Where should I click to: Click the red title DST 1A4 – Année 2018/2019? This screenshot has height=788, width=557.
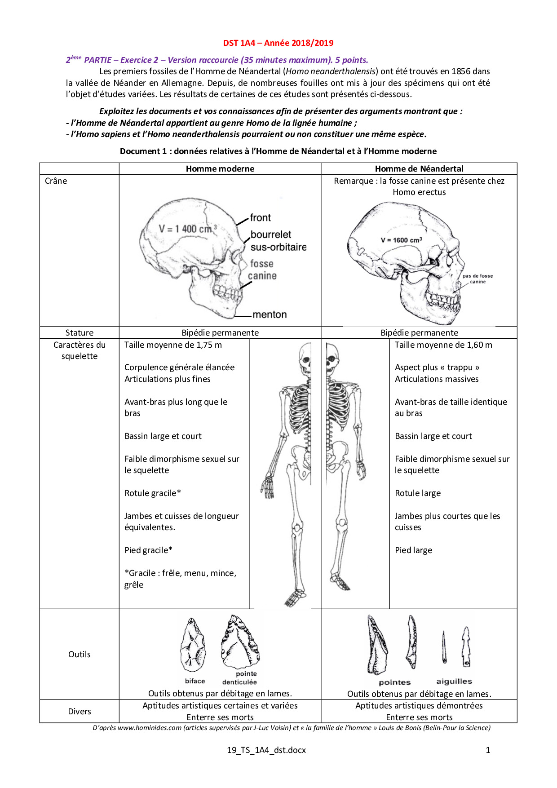tap(278, 43)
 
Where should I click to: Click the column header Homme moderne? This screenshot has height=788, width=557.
tap(220, 168)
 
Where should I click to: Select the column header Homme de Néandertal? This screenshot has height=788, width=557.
tap(419, 168)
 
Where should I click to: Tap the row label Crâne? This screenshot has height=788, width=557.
tap(56, 181)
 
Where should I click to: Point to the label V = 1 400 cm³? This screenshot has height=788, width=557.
tap(187, 229)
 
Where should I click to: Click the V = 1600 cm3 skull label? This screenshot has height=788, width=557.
tap(401, 240)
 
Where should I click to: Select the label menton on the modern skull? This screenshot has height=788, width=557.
tap(270, 314)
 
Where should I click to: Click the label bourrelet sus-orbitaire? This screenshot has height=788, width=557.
tap(278, 241)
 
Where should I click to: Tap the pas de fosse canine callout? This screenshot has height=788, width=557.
tap(477, 279)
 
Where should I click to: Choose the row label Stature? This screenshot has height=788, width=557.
tap(80, 332)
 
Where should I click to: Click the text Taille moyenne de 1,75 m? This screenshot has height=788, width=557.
tap(173, 345)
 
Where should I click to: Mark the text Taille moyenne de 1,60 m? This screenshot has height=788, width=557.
tap(443, 345)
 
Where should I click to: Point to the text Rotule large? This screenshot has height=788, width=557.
tap(418, 493)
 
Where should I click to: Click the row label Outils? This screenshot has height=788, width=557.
tap(80, 654)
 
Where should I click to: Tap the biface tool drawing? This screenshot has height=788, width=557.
tap(194, 645)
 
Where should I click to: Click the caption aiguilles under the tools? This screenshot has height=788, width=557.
tap(454, 682)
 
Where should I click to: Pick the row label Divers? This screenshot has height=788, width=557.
tap(80, 711)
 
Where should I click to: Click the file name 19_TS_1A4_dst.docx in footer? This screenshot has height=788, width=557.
tap(266, 750)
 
